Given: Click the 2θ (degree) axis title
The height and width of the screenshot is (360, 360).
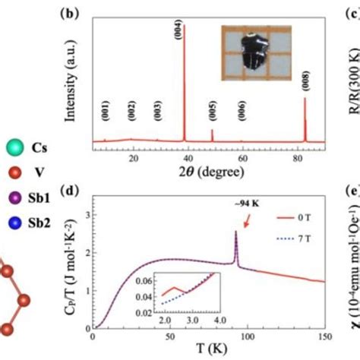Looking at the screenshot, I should point(208,172).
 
